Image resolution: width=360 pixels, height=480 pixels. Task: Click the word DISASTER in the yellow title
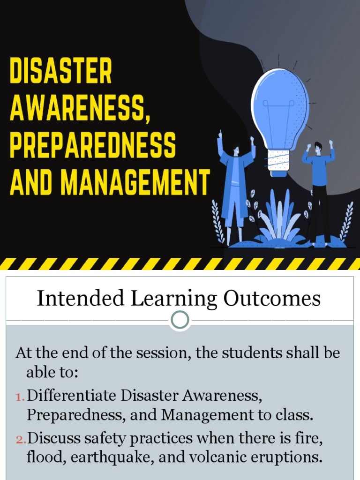(x=61, y=71)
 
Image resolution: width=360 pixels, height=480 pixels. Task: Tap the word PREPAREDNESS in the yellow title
(x=93, y=145)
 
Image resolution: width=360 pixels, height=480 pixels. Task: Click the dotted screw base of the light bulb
(x=279, y=161)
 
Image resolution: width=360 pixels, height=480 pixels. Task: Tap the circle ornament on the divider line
(x=180, y=321)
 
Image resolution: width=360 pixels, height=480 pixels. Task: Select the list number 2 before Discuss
(x=21, y=440)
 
